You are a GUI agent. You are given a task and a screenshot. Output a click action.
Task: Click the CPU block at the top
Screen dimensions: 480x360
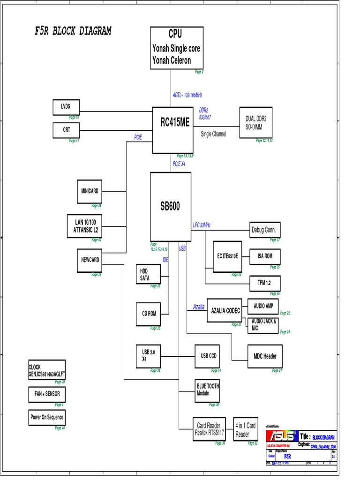(177, 48)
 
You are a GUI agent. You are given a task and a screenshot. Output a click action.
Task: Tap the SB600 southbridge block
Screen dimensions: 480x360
(170, 206)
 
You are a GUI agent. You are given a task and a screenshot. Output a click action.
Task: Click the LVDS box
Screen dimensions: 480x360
(66, 107)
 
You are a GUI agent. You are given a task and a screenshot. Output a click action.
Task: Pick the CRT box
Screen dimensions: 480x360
(67, 130)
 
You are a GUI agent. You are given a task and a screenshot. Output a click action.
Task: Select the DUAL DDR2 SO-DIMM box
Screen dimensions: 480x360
(255, 122)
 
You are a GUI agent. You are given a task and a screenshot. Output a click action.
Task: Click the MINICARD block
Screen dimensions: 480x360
(90, 191)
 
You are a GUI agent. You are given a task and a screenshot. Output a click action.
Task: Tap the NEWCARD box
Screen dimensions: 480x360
(90, 260)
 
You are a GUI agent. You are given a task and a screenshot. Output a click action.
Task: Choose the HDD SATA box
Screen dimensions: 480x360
(148, 274)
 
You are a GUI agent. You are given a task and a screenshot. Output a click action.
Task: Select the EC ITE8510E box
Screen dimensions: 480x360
(227, 256)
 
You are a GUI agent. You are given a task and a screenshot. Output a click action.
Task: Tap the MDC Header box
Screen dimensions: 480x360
(265, 356)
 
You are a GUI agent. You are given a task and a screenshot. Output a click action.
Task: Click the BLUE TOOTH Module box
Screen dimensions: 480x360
(208, 390)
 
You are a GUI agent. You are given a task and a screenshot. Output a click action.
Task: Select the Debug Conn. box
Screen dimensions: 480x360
(265, 230)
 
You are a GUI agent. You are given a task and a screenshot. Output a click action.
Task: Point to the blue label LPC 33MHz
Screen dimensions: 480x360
(202, 225)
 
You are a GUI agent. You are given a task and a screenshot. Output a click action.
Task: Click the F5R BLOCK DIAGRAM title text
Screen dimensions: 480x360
(73, 31)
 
